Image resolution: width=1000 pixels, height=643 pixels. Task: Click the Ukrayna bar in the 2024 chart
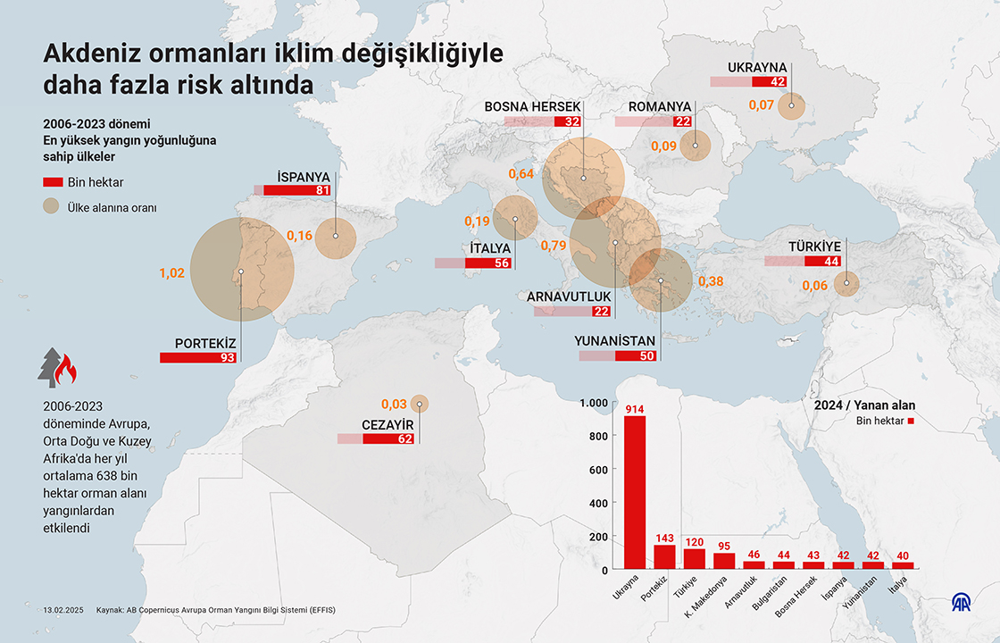(634, 492)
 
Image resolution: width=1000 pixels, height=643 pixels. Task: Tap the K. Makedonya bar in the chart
(725, 561)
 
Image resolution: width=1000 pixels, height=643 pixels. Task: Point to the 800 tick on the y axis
(600, 436)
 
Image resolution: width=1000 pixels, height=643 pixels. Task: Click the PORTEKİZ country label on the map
(204, 343)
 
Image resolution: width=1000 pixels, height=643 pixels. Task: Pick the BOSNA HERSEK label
(533, 106)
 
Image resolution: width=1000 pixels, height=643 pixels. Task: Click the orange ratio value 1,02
(171, 273)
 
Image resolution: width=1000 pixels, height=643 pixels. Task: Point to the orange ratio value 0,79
(554, 245)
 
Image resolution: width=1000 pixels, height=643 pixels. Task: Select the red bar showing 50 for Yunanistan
(636, 355)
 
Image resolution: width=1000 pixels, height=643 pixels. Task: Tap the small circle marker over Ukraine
(791, 106)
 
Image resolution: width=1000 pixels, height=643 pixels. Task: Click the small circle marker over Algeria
(420, 404)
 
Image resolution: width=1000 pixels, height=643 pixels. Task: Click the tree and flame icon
(57, 366)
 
